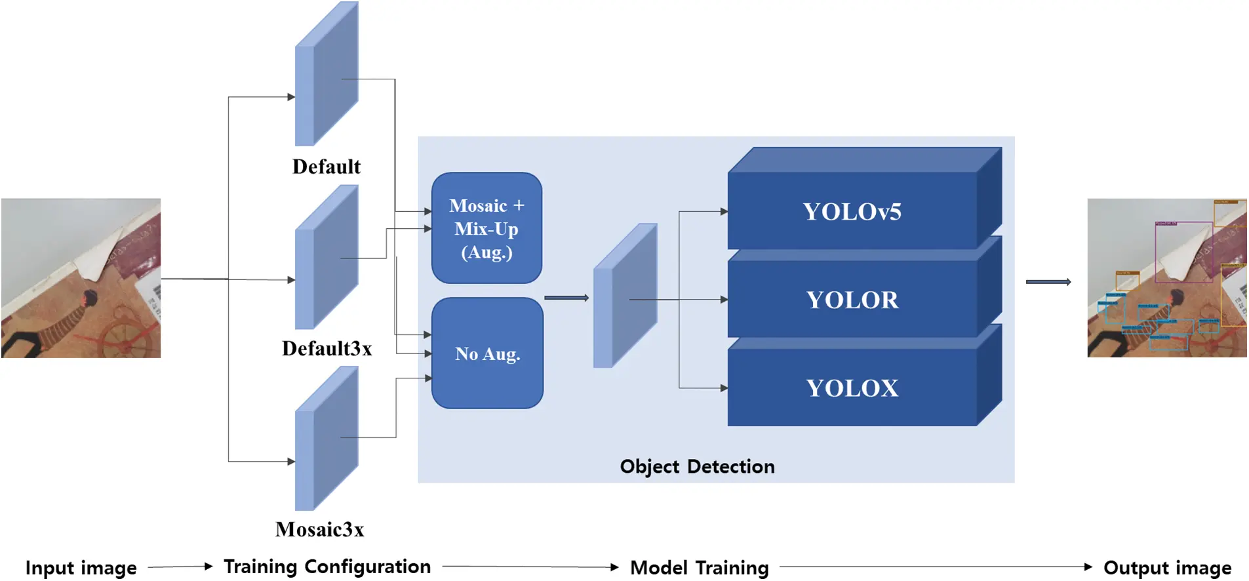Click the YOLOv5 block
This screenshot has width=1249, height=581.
point(852,211)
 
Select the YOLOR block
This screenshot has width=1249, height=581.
point(852,300)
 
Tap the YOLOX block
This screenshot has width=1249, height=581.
point(852,388)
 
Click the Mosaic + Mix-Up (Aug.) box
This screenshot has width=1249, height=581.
point(486,228)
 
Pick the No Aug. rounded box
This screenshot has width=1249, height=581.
point(487,353)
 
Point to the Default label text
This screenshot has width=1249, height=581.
point(326,167)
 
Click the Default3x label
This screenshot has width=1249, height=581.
point(327,348)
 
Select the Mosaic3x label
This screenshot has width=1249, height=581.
point(319,529)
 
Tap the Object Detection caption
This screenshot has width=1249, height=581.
point(697,466)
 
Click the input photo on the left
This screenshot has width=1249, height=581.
point(81,278)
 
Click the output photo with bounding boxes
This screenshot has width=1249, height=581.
point(1166,278)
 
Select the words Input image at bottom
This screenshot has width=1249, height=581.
point(81,567)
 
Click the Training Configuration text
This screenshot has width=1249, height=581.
point(327,567)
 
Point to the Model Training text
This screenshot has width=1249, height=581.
point(699,567)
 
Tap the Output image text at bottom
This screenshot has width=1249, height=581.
point(1167,567)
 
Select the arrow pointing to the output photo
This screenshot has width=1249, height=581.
point(1048,282)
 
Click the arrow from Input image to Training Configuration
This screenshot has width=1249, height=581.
point(180,567)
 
